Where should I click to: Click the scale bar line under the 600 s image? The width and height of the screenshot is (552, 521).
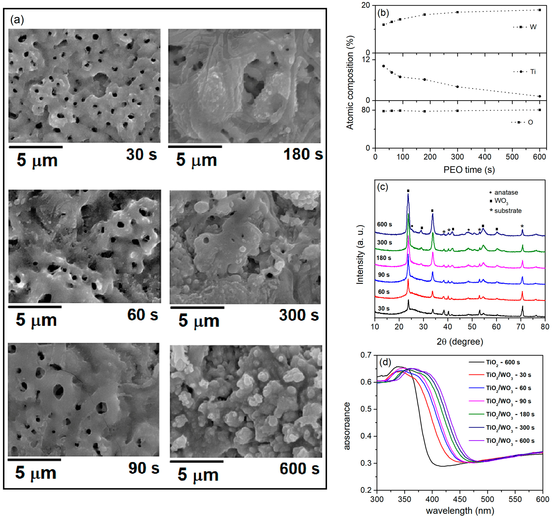pyautogui.click(x=197, y=462)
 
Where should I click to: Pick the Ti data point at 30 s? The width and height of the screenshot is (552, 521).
pyautogui.click(x=384, y=66)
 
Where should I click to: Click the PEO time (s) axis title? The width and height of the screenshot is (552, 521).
pyautogui.click(x=469, y=170)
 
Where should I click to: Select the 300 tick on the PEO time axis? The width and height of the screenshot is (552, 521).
pyautogui.click(x=457, y=157)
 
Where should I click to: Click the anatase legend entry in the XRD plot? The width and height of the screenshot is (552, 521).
pyautogui.click(x=504, y=192)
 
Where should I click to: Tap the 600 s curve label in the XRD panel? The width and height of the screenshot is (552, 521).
pyautogui.click(x=384, y=224)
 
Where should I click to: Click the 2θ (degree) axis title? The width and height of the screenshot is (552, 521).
pyautogui.click(x=460, y=342)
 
